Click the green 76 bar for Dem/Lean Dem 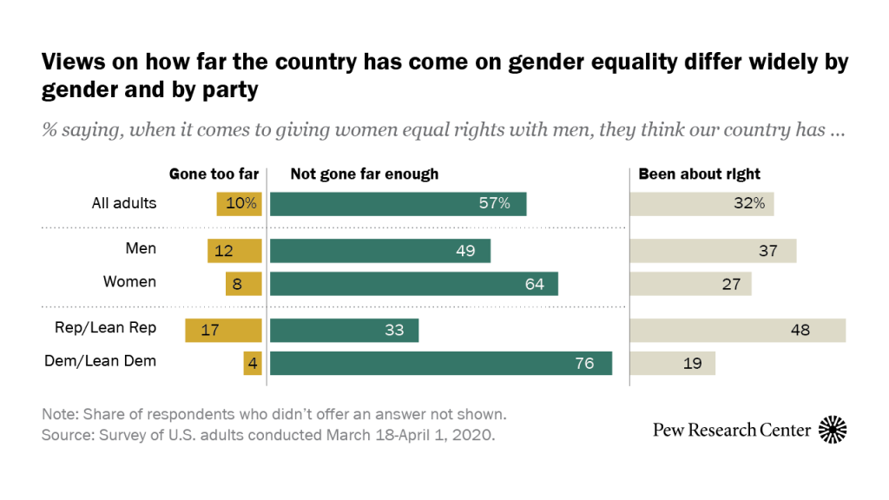pyautogui.click(x=441, y=363)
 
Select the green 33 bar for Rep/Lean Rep pyautogui.click(x=344, y=330)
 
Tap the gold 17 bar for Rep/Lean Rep pyautogui.click(x=223, y=330)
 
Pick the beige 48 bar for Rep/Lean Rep pyautogui.click(x=738, y=330)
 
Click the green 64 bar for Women pyautogui.click(x=414, y=283)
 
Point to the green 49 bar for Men pyautogui.click(x=380, y=250)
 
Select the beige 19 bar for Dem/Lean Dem pyautogui.click(x=673, y=363)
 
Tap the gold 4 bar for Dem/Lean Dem pyautogui.click(x=253, y=363)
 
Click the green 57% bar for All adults pyautogui.click(x=398, y=204)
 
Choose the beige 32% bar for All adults pyautogui.click(x=702, y=204)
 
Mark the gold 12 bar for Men pyautogui.click(x=234, y=250)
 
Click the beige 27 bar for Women pyautogui.click(x=691, y=283)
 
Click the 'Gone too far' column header pyautogui.click(x=214, y=174)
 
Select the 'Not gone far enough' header pyautogui.click(x=364, y=174)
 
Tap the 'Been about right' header pyautogui.click(x=699, y=174)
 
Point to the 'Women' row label pyautogui.click(x=129, y=281)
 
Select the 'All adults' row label pyautogui.click(x=124, y=203)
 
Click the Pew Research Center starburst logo pyautogui.click(x=833, y=429)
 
